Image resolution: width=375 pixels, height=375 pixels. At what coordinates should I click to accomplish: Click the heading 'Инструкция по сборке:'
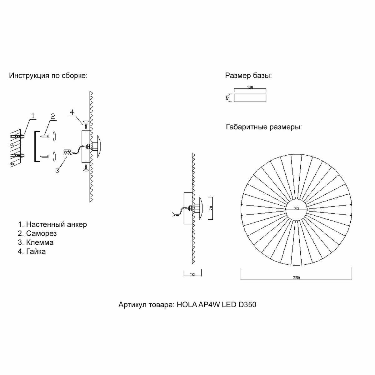48,76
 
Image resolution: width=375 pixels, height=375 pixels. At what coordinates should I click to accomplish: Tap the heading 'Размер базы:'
248,76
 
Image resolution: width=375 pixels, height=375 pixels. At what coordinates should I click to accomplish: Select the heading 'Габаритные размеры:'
263,127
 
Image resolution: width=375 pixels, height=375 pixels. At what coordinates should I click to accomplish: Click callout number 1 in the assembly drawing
33,116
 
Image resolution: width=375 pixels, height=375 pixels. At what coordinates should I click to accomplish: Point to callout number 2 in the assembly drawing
53,116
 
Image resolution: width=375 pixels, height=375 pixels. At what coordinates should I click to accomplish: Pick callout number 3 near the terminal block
57,171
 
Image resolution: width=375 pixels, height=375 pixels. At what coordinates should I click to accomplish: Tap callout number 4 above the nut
72,112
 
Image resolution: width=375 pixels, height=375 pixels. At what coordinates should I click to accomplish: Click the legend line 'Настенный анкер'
56,224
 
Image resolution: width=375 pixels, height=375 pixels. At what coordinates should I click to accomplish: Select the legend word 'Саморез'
41,233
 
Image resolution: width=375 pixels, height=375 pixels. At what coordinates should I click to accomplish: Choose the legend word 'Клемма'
40,242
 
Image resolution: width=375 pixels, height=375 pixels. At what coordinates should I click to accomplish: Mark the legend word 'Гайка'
36,252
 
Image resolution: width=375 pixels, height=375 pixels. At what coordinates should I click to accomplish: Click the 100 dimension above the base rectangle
250,87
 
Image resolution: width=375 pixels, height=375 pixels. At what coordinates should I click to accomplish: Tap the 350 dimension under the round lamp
296,277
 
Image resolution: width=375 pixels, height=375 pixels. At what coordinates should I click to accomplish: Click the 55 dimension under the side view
192,274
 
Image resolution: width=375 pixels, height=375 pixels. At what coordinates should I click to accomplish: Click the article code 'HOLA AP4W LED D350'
217,305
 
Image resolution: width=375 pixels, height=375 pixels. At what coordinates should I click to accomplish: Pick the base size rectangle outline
250,97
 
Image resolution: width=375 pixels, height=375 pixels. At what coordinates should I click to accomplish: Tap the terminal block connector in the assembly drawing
67,152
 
